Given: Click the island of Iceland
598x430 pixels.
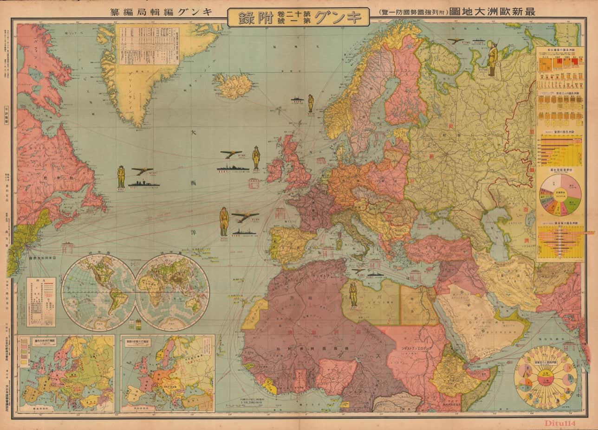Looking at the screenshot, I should (234, 85).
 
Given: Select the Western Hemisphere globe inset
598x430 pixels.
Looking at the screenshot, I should (98, 292).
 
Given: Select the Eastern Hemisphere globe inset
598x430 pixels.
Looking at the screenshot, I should (172, 292).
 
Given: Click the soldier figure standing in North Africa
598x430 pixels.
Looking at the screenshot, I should (353, 294).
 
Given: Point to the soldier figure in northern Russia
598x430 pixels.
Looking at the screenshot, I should (492, 58).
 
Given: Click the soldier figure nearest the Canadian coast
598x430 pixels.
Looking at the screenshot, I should (121, 176).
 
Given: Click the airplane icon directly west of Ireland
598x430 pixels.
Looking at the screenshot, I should (231, 154).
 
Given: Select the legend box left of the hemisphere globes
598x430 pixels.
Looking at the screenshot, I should (41, 302).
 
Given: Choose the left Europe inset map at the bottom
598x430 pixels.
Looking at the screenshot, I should (66, 373).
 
